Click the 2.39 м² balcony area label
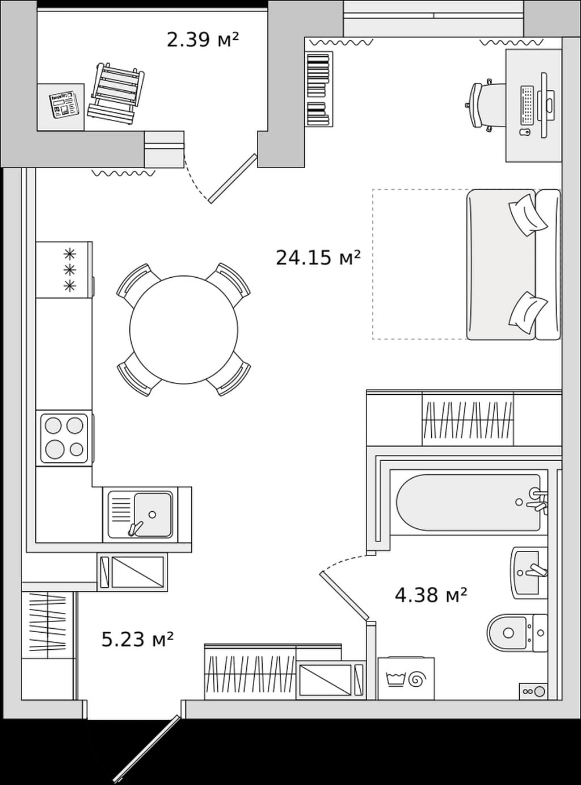(203, 40)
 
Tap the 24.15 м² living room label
(318, 257)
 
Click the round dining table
(184, 329)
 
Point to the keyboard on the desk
(527, 105)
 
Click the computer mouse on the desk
(525, 132)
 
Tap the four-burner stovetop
(64, 439)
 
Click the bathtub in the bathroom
(468, 502)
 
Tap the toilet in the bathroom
(517, 633)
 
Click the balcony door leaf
(232, 179)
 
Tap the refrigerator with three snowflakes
(64, 270)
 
